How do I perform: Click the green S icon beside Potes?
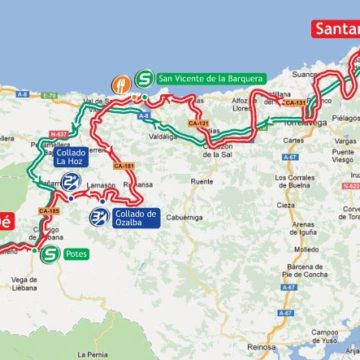(50, 254)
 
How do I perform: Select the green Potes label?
(77, 254)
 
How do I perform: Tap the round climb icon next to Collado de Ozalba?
(98, 216)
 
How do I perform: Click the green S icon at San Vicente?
(144, 77)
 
